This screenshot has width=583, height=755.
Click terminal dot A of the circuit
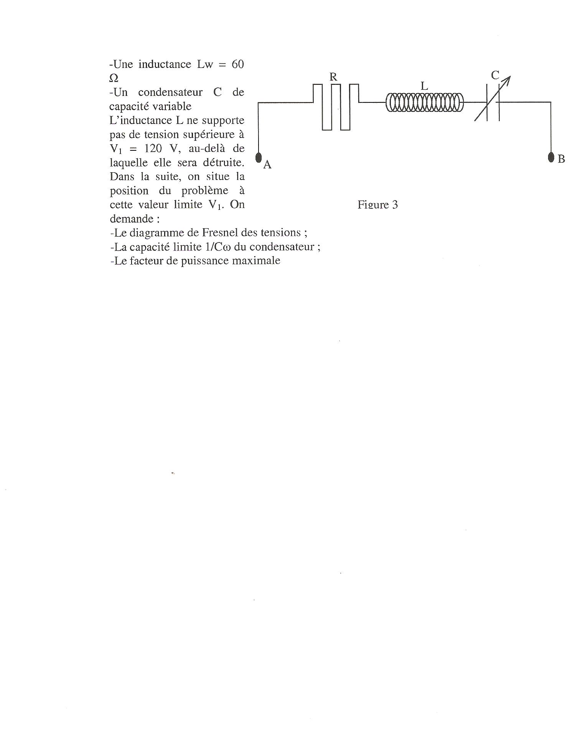(259, 158)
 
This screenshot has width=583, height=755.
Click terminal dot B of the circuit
(551, 157)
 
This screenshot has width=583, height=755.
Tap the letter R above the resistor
(333, 77)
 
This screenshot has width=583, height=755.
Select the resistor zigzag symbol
(336, 107)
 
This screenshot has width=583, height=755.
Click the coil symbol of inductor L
(425, 102)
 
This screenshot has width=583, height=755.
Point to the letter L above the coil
(424, 86)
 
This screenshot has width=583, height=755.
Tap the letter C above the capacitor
(495, 76)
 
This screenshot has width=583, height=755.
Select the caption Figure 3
(378, 205)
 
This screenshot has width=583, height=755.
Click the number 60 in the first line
(238, 64)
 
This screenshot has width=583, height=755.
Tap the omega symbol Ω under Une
(114, 78)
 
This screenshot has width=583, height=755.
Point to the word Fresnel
(223, 232)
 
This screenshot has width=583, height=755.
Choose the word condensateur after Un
(170, 92)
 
